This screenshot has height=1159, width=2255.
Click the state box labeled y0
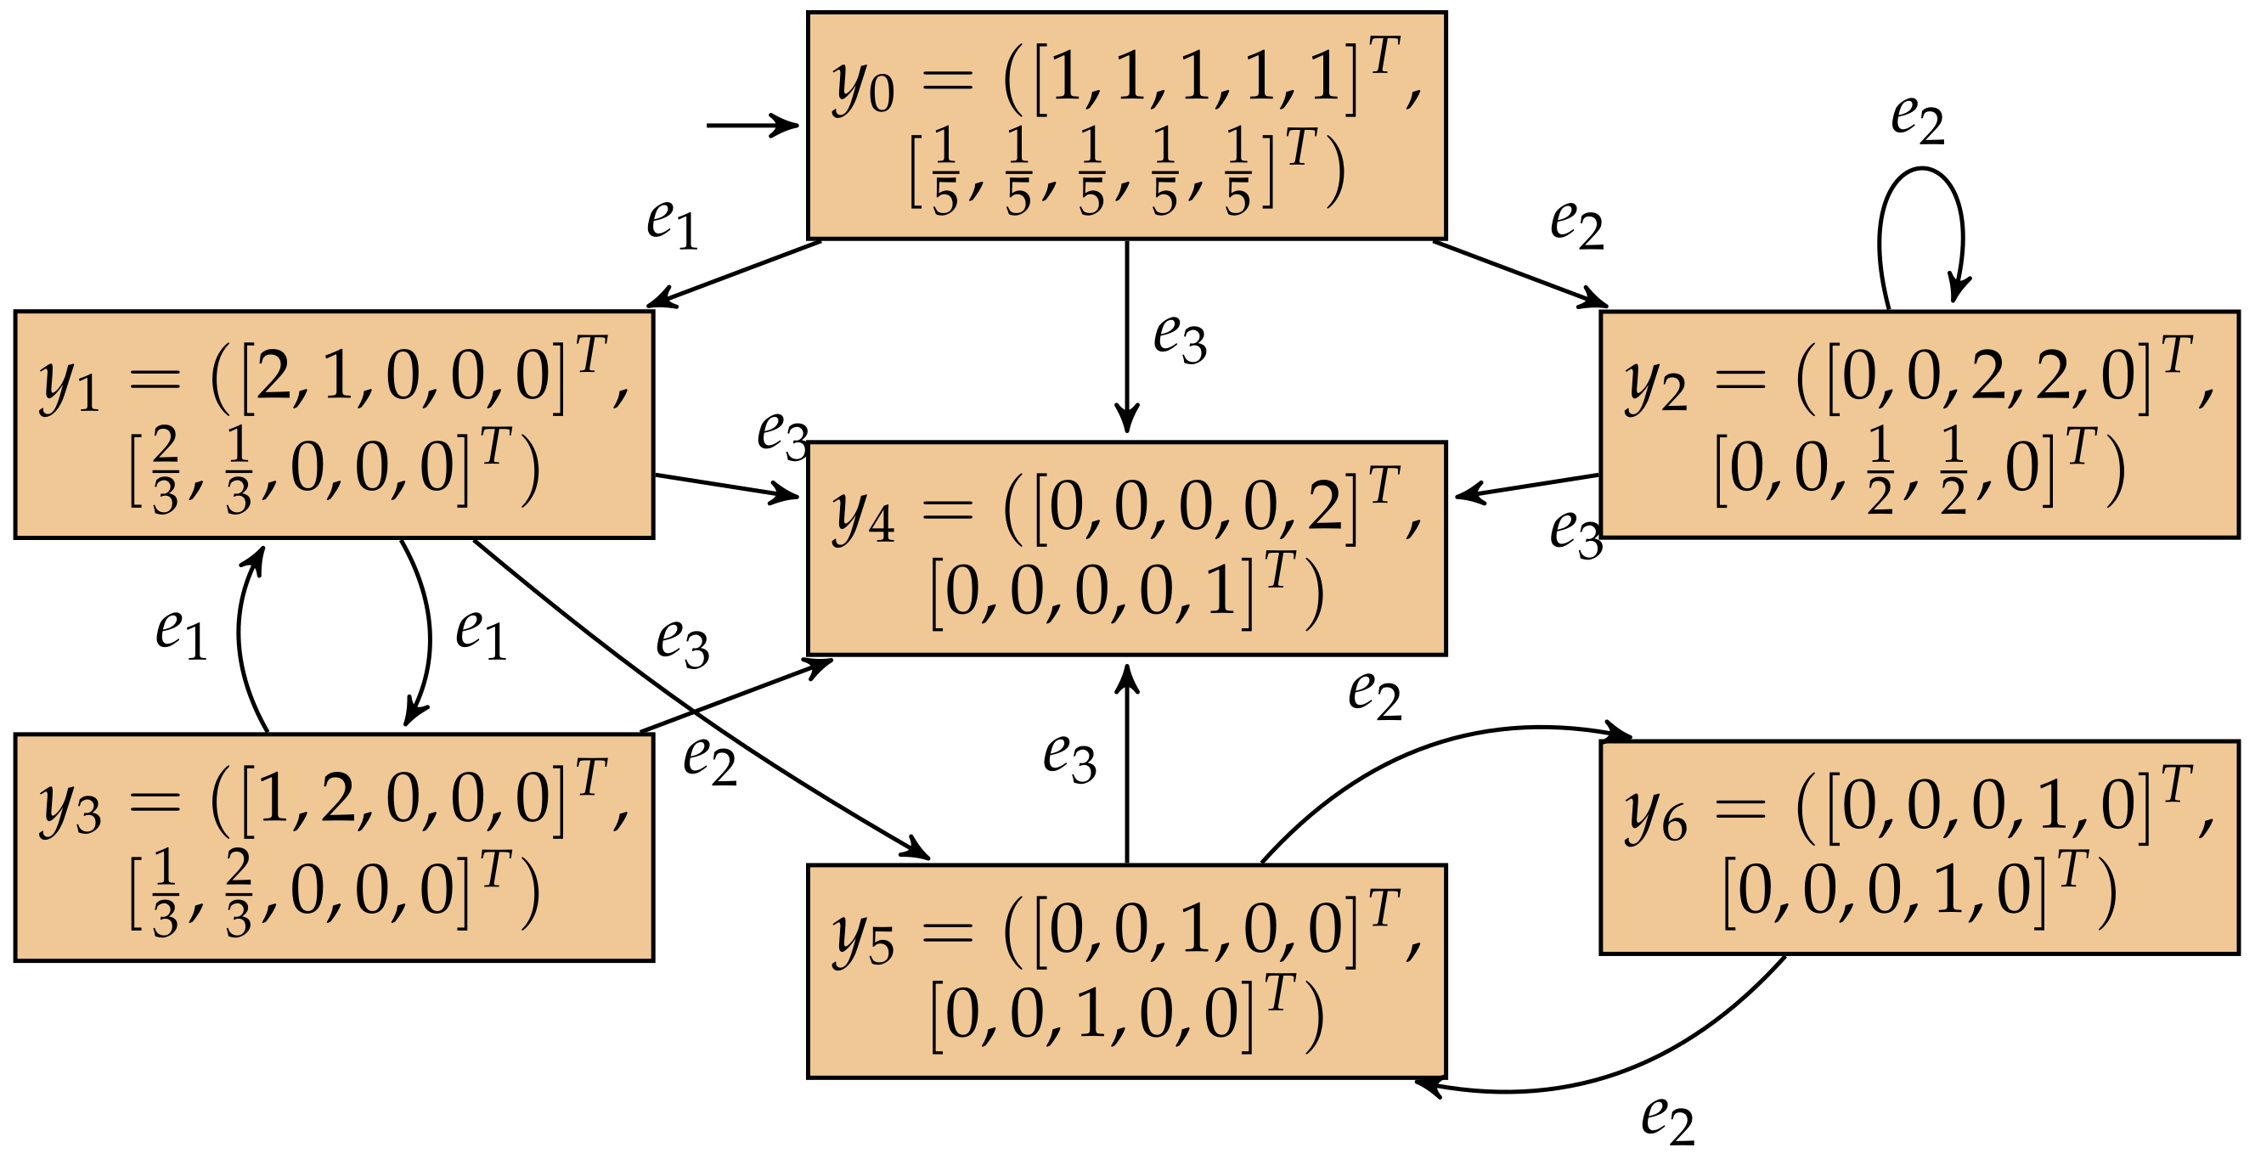[1125, 124]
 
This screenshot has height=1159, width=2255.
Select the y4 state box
[1125, 548]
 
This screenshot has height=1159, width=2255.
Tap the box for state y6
[1919, 847]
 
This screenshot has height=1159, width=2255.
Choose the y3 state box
[334, 847]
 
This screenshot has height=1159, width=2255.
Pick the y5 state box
[1125, 971]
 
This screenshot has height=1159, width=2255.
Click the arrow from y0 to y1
[736, 273]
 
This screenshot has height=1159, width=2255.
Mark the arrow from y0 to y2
[1519, 273]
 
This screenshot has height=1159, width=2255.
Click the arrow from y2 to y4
[1528, 485]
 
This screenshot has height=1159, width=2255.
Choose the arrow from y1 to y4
[726, 486]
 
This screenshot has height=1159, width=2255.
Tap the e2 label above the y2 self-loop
[1917, 119]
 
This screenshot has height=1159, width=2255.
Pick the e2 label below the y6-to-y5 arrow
[1667, 1120]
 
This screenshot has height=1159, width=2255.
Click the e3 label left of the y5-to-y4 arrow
[1069, 757]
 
